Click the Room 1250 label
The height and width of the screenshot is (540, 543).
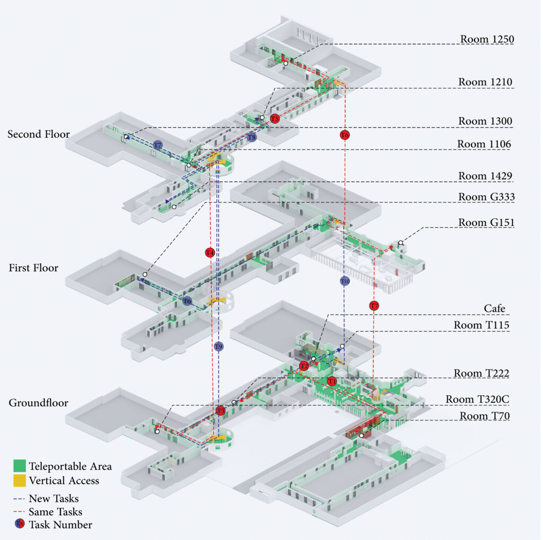[487, 39]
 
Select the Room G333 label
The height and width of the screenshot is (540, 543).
[486, 197]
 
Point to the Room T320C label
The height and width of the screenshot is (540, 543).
[477, 399]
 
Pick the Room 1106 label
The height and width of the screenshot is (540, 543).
[485, 144]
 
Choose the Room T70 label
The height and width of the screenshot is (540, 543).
[484, 416]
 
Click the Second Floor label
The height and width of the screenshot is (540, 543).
[38, 135]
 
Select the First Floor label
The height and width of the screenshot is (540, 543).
[33, 268]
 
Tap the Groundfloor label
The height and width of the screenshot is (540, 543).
[38, 403]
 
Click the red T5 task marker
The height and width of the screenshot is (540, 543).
[275, 119]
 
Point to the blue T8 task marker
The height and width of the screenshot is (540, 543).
[252, 137]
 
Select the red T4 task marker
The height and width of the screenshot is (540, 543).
[210, 253]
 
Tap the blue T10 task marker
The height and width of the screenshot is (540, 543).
[345, 281]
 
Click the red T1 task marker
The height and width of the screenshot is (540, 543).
[332, 382]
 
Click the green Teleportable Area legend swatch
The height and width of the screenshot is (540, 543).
[20, 466]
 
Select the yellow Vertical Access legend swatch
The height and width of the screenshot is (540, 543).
[20, 481]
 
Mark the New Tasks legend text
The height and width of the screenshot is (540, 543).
[54, 498]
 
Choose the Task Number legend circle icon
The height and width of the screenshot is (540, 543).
[20, 524]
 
